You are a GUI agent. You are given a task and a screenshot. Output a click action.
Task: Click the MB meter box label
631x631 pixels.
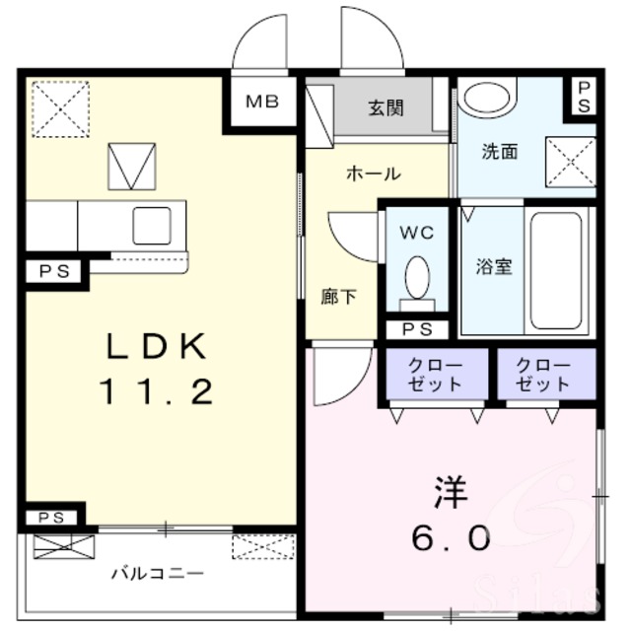[262, 102]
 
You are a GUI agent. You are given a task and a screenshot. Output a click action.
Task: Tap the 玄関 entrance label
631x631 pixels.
[386, 108]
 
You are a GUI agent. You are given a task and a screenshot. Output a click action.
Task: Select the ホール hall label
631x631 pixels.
[374, 174]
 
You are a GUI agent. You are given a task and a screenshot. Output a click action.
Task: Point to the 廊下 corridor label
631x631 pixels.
[338, 297]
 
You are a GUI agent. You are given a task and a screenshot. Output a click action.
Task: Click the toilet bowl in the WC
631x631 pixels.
[417, 278]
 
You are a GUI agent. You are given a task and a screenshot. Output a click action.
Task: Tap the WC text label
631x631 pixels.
[417, 233]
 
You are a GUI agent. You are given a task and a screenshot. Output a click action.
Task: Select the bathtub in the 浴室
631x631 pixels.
[556, 271]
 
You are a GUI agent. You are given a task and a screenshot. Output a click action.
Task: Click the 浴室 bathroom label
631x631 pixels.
[494, 266]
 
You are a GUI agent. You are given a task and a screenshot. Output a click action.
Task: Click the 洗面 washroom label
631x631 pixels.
[500, 152]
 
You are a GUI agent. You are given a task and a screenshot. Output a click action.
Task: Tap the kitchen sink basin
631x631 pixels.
[152, 226]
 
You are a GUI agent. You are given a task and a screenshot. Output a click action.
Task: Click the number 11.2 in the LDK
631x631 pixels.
[157, 392]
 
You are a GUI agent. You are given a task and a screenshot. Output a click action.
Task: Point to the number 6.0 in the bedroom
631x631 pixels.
[451, 538]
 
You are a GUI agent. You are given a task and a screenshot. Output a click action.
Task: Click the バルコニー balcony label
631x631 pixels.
[158, 573]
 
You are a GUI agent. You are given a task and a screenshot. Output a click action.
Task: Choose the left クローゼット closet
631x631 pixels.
[437, 374]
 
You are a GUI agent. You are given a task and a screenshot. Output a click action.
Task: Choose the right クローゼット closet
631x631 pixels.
[546, 374]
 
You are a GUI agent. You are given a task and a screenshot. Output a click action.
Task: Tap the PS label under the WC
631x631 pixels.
[417, 329]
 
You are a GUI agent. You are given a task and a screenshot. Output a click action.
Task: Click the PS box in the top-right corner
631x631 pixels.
[584, 97]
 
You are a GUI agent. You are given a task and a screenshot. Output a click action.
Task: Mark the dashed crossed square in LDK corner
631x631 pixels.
[60, 109]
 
